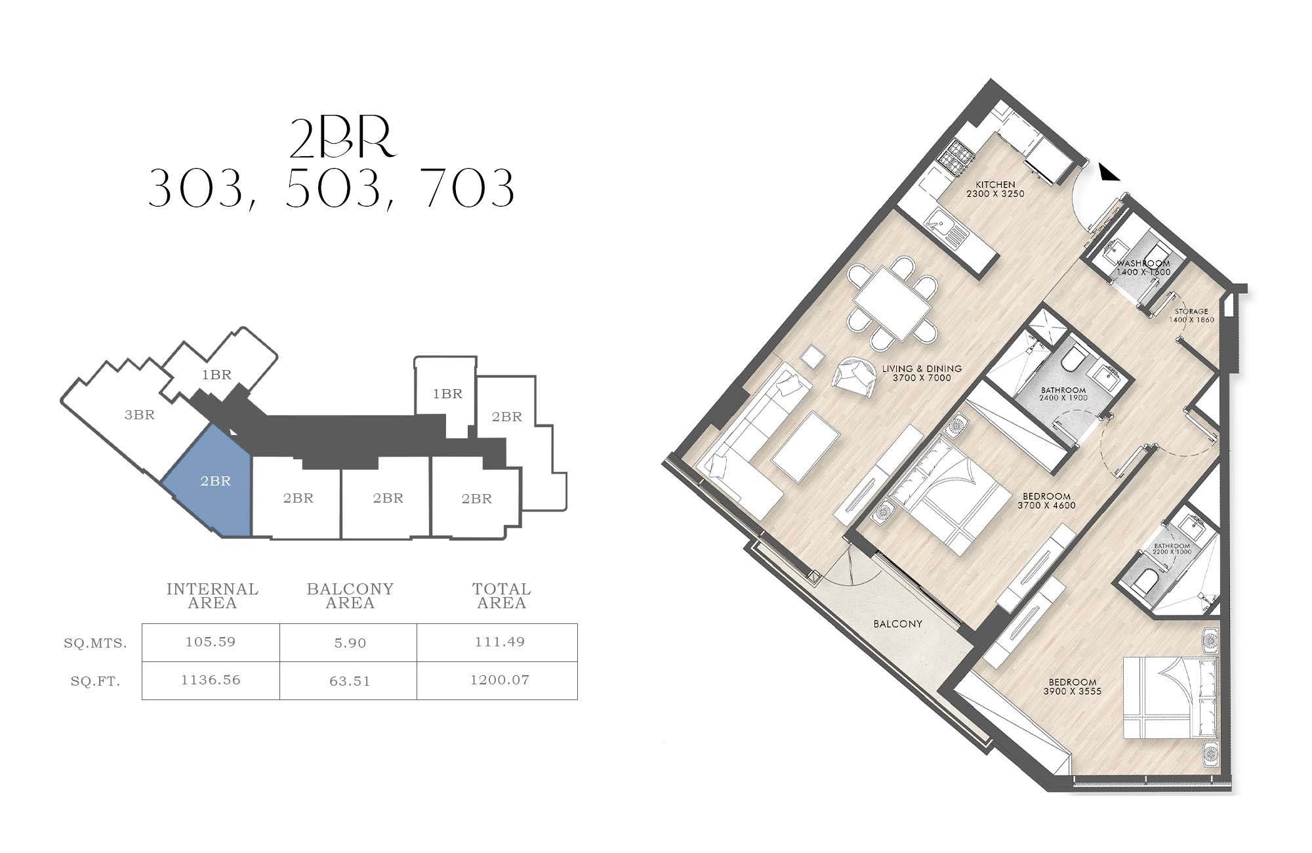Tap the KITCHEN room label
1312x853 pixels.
995,185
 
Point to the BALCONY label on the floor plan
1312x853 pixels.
898,624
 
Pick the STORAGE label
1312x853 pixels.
1191,312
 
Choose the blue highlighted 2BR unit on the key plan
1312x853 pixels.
209,482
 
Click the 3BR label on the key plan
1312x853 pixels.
140,415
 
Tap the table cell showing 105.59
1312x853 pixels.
211,642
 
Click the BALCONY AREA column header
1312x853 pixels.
350,596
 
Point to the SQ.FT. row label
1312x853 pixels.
96,682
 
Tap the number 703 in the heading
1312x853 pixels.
470,188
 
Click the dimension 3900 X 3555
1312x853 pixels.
1072,691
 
